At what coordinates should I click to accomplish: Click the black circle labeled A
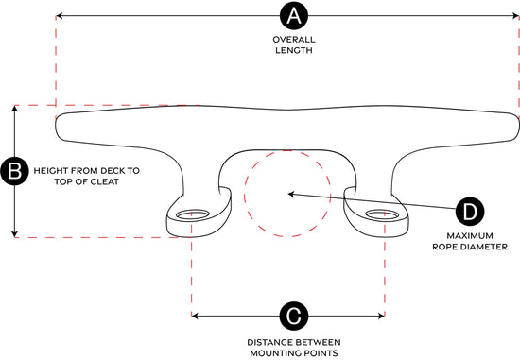[x=294, y=15]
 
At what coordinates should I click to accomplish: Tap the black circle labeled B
[x=14, y=171]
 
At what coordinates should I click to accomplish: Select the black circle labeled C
[x=294, y=316]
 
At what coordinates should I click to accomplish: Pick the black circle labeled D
[x=470, y=212]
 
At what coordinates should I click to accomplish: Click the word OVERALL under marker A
[x=294, y=40]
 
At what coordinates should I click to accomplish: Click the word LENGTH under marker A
[x=294, y=50]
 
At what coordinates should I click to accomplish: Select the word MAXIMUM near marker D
[x=470, y=236]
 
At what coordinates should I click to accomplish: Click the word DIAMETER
[x=488, y=247]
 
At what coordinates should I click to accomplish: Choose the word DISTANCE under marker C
[x=268, y=342]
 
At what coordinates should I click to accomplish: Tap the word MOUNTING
[x=272, y=353]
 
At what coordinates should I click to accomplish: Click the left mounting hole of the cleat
[x=193, y=214]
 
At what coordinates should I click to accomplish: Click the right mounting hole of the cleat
[x=383, y=214]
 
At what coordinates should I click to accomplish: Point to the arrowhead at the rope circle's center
[x=291, y=195]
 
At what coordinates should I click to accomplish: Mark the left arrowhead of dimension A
[x=59, y=15]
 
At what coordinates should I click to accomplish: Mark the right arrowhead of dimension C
[x=381, y=316]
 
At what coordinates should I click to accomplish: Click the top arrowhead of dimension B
[x=14, y=109]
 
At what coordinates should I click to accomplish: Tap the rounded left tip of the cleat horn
[x=56, y=126]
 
